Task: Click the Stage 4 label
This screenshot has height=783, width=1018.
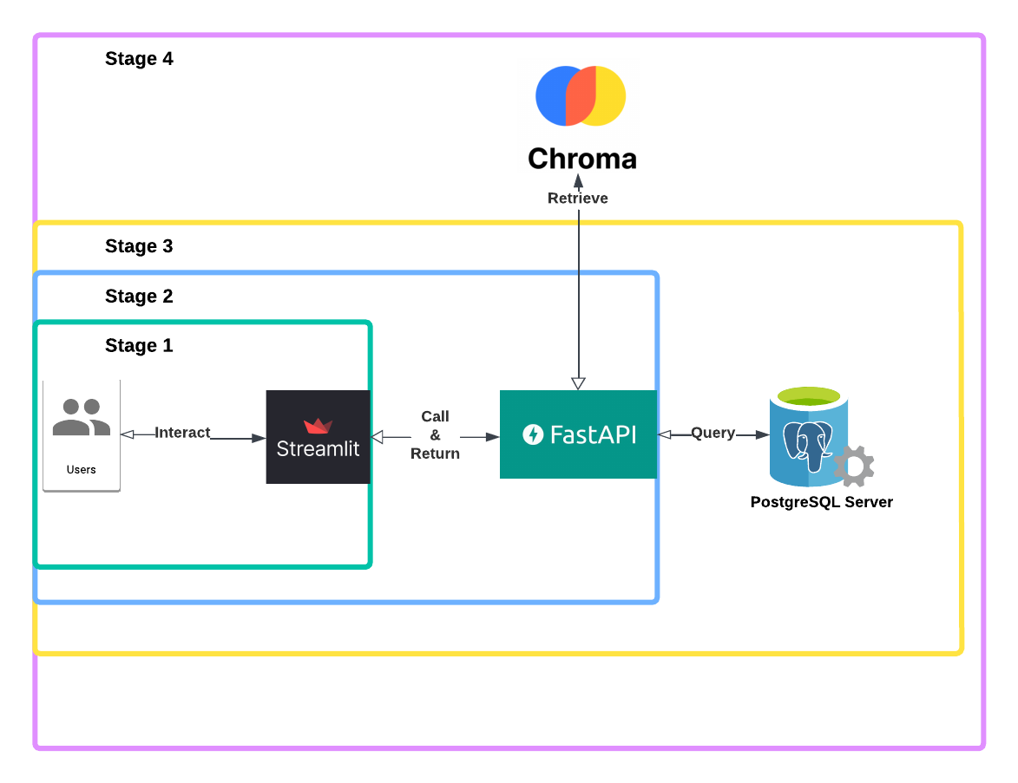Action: (139, 59)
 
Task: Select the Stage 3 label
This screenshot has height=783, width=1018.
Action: (139, 246)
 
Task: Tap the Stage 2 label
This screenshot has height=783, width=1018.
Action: (139, 297)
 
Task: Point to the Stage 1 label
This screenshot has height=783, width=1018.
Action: (139, 346)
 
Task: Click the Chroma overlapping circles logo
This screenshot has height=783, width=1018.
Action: (581, 95)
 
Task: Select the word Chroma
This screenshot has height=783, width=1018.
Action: (581, 159)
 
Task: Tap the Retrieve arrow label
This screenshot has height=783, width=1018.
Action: (578, 199)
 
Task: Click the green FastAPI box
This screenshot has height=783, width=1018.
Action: (578, 434)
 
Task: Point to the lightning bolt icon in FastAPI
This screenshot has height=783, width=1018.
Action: (533, 434)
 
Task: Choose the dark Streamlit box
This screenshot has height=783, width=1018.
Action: (318, 437)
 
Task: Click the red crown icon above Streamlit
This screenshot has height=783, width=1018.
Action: (318, 426)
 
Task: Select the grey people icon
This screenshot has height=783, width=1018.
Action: (81, 417)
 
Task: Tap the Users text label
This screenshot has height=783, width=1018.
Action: (82, 470)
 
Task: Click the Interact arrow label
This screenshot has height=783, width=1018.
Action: (182, 433)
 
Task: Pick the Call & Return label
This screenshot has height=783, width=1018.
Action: (435, 435)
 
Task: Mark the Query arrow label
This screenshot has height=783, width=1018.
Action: (713, 433)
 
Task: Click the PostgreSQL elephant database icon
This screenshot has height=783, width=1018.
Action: (805, 438)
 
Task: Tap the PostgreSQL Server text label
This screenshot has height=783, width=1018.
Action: (821, 502)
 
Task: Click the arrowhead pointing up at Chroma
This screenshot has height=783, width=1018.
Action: (578, 179)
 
